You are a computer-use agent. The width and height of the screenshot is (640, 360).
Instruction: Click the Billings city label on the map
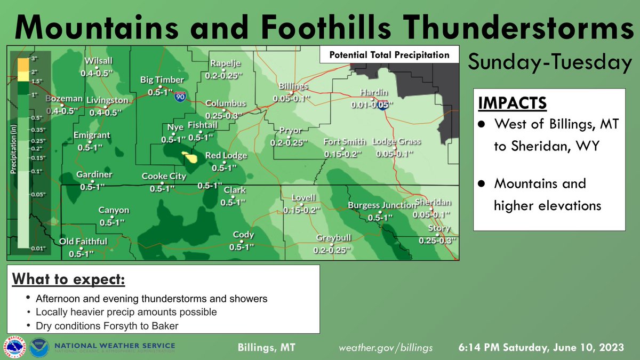293,86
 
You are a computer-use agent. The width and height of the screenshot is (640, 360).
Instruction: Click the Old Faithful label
83,242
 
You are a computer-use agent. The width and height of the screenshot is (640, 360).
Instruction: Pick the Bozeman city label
64,99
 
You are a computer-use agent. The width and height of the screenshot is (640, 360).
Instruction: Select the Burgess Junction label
381,205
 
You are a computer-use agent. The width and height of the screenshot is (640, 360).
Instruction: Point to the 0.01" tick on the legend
37,248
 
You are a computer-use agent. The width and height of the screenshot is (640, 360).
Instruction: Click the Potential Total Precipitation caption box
389,55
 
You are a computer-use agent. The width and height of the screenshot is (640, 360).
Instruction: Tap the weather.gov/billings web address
386,347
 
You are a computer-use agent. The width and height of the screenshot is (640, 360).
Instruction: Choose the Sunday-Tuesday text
548,62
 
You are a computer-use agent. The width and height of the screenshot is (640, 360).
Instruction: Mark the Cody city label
243,235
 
